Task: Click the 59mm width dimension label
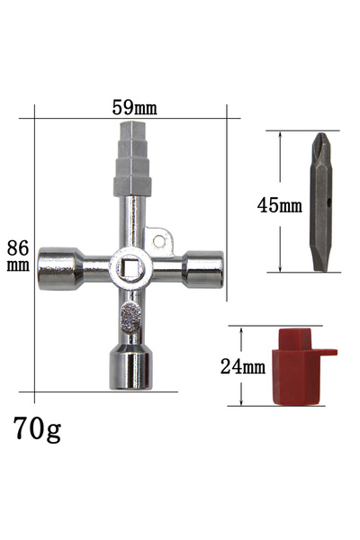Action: tap(134, 107)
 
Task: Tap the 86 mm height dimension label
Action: tap(18, 256)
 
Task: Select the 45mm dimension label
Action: tap(279, 204)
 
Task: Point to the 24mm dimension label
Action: tap(243, 366)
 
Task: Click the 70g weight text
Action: tap(37, 429)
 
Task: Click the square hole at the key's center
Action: tap(130, 268)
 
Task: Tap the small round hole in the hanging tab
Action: tap(158, 241)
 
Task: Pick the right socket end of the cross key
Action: tap(202, 269)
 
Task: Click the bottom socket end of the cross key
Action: tap(130, 367)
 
